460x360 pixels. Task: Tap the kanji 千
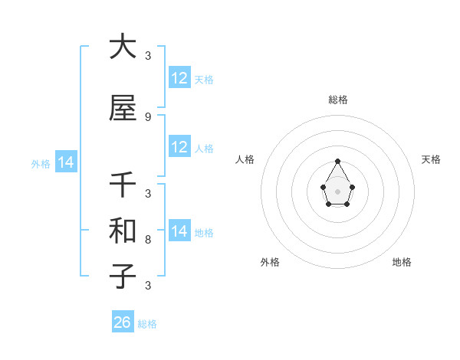click(x=123, y=185)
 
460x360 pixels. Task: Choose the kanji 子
click(x=123, y=276)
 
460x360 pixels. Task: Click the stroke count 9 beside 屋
click(x=148, y=117)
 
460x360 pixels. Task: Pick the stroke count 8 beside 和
click(x=148, y=240)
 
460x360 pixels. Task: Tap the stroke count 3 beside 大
click(x=148, y=56)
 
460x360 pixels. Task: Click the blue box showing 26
click(x=123, y=322)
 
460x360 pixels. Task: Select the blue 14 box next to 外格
click(x=65, y=162)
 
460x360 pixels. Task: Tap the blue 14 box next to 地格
click(x=179, y=231)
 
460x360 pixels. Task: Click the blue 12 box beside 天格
click(x=179, y=78)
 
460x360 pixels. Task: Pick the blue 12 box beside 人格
click(x=179, y=147)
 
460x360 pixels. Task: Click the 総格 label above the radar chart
click(x=338, y=100)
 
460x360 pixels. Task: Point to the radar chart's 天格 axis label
click(x=431, y=159)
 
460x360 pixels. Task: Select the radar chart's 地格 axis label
click(x=402, y=262)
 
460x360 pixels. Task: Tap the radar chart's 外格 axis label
click(x=270, y=262)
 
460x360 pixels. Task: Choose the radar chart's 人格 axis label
click(x=245, y=159)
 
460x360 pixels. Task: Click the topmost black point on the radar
click(x=337, y=161)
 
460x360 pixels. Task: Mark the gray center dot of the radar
click(x=337, y=191)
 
